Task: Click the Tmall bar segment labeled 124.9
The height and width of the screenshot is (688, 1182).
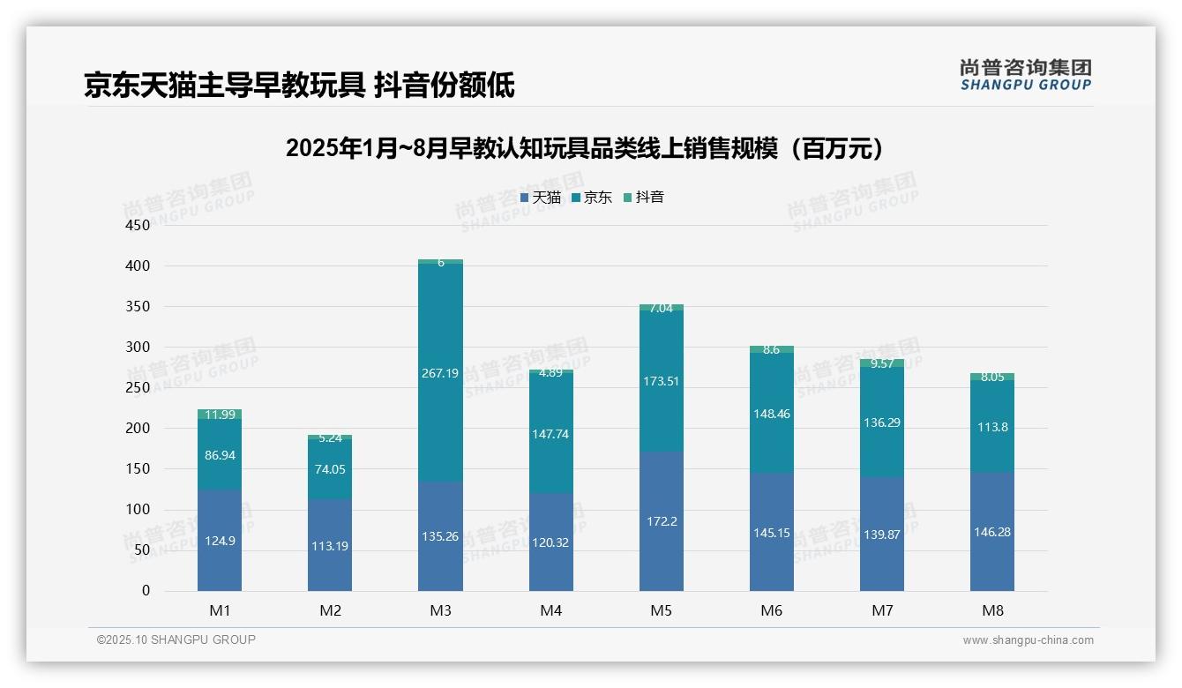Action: click(220, 540)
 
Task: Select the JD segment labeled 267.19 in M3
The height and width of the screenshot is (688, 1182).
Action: click(440, 373)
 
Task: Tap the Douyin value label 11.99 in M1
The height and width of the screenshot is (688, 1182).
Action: click(220, 415)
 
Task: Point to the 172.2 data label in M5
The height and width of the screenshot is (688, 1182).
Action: click(662, 521)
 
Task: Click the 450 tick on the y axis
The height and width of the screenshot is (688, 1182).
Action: click(139, 225)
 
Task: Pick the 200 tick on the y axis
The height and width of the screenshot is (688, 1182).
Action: click(139, 429)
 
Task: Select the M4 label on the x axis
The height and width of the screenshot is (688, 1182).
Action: click(550, 610)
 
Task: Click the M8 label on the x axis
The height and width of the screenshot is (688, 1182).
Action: click(992, 610)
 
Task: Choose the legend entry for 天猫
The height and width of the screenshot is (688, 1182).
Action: click(541, 198)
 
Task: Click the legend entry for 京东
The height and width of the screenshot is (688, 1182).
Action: click(592, 198)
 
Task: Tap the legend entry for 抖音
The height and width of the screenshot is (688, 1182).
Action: click(644, 198)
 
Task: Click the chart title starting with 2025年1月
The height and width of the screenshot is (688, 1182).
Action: click(584, 148)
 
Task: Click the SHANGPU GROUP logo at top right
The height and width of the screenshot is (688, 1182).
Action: click(1025, 75)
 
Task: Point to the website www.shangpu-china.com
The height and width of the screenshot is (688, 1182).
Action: click(1028, 640)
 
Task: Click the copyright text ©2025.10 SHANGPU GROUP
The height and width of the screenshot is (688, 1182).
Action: click(176, 639)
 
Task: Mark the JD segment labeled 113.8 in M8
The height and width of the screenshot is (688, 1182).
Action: click(992, 427)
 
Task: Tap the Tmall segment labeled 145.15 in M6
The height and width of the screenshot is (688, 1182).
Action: click(772, 533)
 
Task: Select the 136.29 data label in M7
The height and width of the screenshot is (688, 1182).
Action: click(882, 423)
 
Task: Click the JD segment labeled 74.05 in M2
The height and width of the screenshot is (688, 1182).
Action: click(330, 469)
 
